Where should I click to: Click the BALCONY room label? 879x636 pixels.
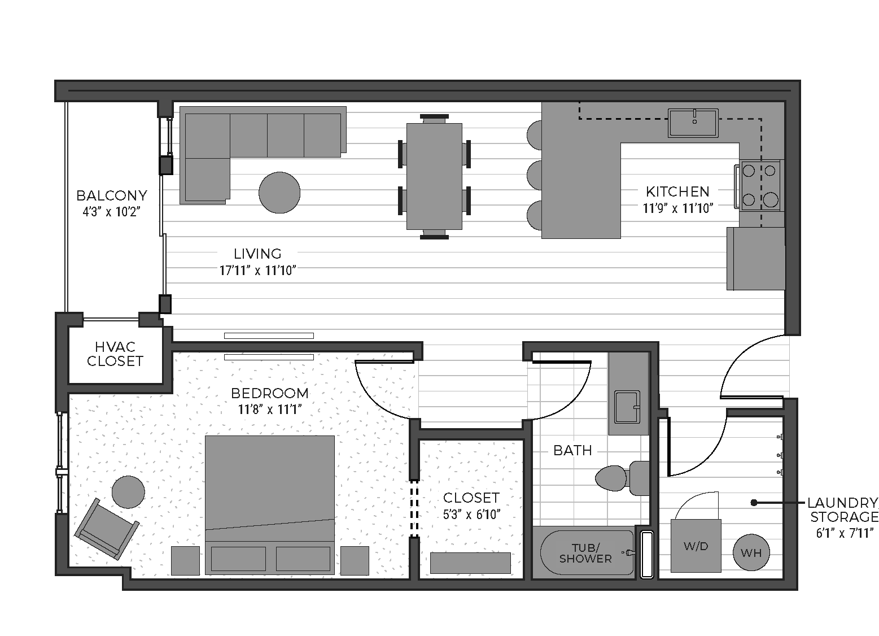coord(112,195)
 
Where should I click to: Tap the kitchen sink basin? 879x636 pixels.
coord(693,123)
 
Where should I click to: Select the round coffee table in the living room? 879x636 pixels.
coord(279,193)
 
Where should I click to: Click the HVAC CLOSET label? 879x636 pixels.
coord(115,354)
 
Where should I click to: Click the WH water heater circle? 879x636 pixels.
coord(751,552)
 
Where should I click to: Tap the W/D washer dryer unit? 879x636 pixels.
coord(696,546)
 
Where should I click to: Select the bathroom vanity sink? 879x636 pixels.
coord(627,407)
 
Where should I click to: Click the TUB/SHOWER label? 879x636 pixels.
coord(585,553)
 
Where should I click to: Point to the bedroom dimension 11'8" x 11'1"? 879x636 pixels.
coord(270,410)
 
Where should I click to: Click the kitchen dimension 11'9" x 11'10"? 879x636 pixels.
coord(677,208)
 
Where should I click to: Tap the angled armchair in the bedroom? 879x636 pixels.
coord(107,529)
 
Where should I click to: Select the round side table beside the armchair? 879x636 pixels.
coord(128,493)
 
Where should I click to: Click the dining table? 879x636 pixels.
coord(434,176)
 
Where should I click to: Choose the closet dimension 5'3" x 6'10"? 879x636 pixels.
coord(471,515)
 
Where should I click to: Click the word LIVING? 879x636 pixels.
coord(258,254)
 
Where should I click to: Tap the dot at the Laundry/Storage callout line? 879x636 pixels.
coord(754,503)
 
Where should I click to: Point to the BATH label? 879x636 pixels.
coord(572,450)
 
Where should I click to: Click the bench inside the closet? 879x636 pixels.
coord(470,563)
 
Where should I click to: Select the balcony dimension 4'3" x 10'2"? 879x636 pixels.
coord(111,212)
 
